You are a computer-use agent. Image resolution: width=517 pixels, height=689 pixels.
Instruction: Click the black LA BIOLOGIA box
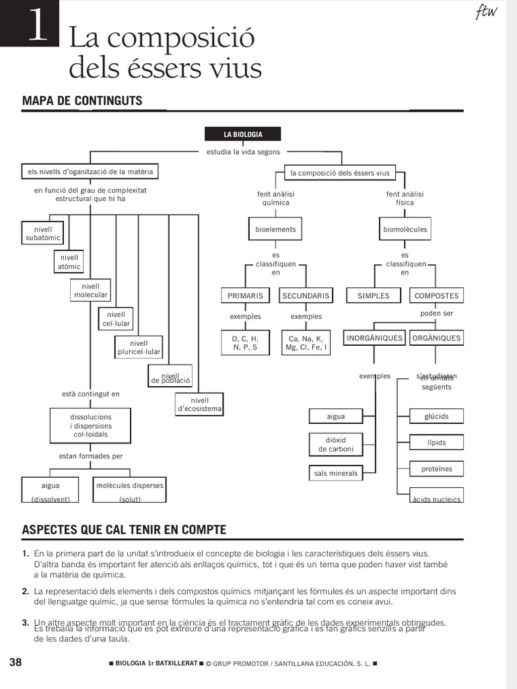tap(243, 134)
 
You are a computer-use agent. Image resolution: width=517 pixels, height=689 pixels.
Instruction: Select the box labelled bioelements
tap(275, 229)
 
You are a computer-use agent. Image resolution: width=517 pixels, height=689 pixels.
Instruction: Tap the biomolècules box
tap(405, 229)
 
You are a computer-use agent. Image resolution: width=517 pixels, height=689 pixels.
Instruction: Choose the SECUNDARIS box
tap(306, 295)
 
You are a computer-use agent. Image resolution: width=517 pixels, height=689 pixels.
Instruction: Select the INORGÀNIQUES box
tap(374, 338)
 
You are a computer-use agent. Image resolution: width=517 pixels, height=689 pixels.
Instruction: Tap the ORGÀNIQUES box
tap(436, 338)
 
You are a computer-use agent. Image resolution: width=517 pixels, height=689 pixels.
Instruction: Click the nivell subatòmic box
tap(43, 233)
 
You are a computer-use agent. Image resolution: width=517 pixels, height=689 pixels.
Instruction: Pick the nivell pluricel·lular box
tap(139, 347)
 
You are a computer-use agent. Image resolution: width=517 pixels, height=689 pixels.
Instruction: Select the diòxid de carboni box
tap(336, 444)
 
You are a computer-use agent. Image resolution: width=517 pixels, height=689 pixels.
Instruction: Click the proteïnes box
tap(436, 469)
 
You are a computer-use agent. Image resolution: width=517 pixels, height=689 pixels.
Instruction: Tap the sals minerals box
tap(336, 473)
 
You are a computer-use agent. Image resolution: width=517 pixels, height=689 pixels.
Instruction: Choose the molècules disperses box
tap(130, 491)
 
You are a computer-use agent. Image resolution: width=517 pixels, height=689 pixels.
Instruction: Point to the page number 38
tap(15, 662)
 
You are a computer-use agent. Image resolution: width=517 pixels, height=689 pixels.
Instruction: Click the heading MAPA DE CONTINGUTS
tap(82, 101)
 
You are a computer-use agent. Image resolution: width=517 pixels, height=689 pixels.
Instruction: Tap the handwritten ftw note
tap(486, 12)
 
